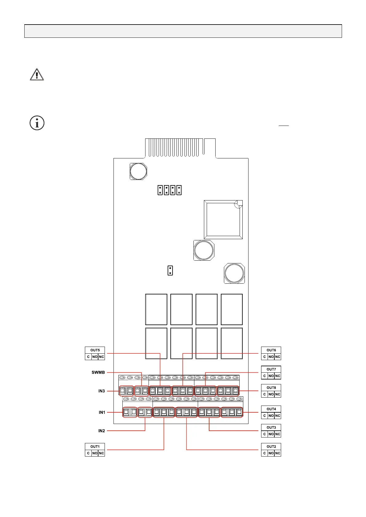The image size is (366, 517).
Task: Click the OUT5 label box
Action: click(95, 350)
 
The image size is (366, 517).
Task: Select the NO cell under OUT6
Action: click(271, 357)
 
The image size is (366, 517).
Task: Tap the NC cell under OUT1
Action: click(101, 453)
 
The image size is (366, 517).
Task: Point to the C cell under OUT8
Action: click(265, 394)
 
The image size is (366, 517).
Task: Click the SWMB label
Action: click(98, 372)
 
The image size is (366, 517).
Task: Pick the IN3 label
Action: click(101, 391)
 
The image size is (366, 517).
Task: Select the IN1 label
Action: click(102, 412)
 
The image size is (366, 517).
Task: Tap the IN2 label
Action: click(101, 431)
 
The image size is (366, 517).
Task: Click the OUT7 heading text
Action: click(271, 369)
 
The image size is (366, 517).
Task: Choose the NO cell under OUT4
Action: click(271, 416)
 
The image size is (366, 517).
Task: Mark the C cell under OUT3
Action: click(265, 434)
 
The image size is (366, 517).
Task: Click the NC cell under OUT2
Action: click(278, 453)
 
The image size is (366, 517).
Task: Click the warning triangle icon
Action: click(37, 75)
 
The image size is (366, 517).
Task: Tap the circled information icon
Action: click(37, 123)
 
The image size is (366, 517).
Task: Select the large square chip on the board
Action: click(223, 220)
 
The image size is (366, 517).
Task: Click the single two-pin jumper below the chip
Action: click(170, 270)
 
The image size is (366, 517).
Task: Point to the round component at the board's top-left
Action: click(138, 171)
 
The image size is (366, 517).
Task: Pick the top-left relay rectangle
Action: click(156, 309)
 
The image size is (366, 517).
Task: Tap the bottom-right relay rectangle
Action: click(232, 343)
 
